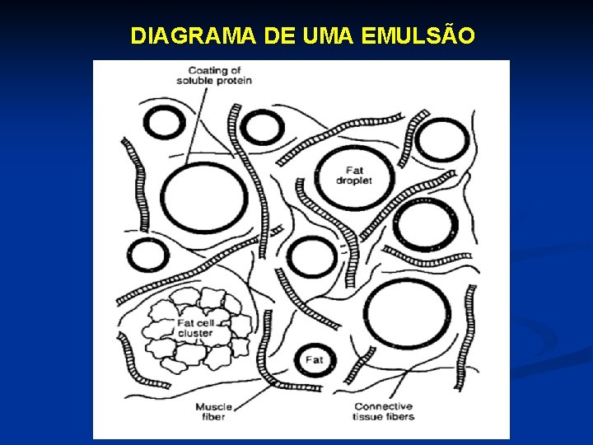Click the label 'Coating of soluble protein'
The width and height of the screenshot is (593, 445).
pyautogui.click(x=213, y=75)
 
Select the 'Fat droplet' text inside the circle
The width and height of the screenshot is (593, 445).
pyautogui.click(x=354, y=175)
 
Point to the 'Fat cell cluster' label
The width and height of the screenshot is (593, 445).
pyautogui.click(x=195, y=327)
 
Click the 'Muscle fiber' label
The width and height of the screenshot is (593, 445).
pyautogui.click(x=213, y=411)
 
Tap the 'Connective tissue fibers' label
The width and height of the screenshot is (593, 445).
pyautogui.click(x=384, y=411)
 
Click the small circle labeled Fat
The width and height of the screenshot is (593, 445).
pyautogui.click(x=315, y=359)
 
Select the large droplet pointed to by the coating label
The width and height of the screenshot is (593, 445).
pyautogui.click(x=204, y=199)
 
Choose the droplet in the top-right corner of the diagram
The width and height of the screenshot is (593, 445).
pyautogui.click(x=442, y=140)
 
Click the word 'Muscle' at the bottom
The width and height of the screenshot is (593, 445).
pyautogui.click(x=213, y=406)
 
